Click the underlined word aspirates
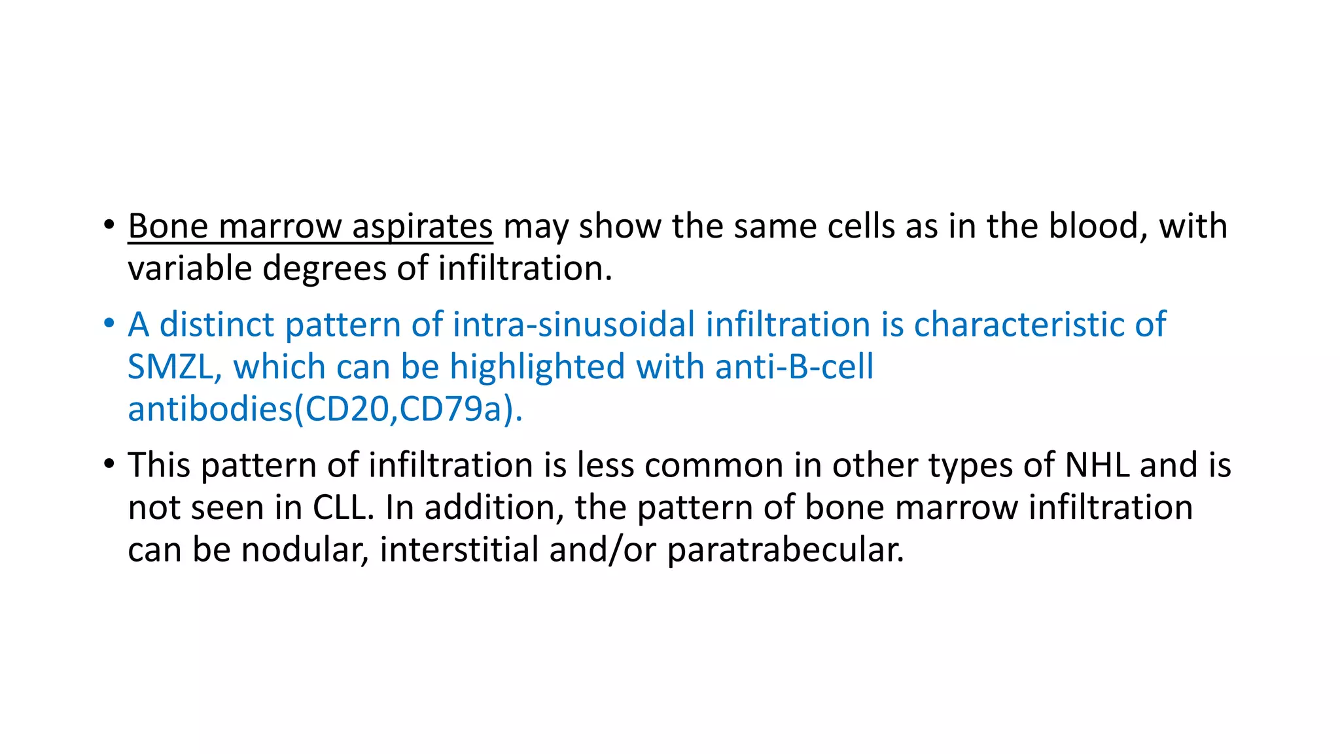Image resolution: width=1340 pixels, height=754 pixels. tap(422, 227)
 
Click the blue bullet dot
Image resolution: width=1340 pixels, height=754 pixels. tap(109, 324)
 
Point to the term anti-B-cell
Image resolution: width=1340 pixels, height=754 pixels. tap(794, 367)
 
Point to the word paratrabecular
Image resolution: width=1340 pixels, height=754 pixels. tap(785, 550)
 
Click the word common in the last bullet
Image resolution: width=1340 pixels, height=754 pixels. tap(714, 465)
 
